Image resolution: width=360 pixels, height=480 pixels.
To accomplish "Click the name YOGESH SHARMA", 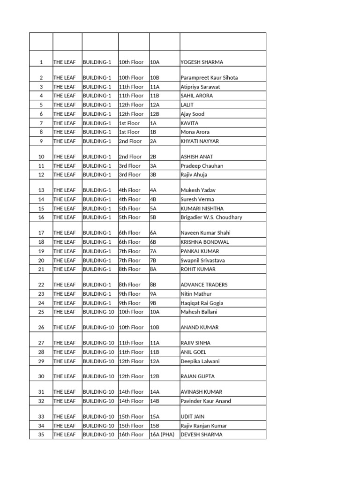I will (x=202, y=62).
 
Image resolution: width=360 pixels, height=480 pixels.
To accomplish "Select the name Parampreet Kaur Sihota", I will (x=210, y=77).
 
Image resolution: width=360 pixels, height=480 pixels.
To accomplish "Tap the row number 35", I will (x=41, y=435).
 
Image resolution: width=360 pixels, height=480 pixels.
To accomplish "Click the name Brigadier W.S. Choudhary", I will (x=211, y=217).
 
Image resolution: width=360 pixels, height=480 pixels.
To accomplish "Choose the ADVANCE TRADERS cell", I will (x=204, y=285).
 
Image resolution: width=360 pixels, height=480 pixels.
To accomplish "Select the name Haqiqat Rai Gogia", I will (x=202, y=303).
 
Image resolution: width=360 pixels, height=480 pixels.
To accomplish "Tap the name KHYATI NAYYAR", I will (x=200, y=141).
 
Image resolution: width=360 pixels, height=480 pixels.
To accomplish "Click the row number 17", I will (x=41, y=233).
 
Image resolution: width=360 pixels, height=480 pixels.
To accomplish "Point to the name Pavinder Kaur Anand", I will (x=206, y=401).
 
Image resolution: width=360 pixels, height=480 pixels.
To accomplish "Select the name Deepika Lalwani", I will (x=200, y=361).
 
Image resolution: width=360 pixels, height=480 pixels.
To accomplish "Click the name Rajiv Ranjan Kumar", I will (x=204, y=426).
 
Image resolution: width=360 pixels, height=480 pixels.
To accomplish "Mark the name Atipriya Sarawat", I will (x=200, y=87).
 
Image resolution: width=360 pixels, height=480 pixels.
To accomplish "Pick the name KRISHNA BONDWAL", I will (x=205, y=242).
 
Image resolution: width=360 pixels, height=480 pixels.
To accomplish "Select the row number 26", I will (x=41, y=327).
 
